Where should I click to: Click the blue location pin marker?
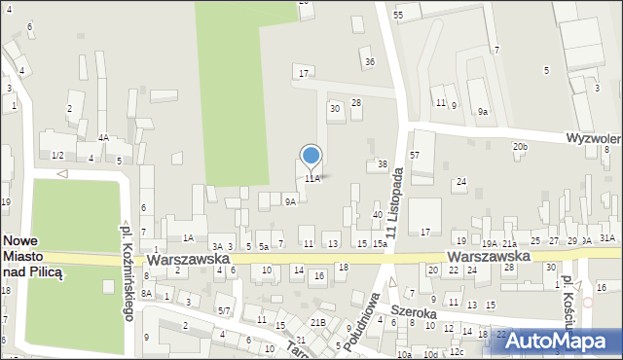click(311, 156)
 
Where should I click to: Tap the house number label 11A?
click(311, 178)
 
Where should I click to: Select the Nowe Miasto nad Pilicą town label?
click(32, 257)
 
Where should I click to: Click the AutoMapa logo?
click(562, 340)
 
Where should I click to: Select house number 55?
click(398, 16)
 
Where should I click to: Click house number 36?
click(369, 62)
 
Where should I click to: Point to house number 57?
click(415, 156)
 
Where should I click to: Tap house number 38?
click(383, 164)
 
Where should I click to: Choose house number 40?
click(377, 214)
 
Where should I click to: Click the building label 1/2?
click(57, 156)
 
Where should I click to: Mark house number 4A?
click(103, 138)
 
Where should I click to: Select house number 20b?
click(521, 146)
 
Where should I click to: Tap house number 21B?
click(317, 322)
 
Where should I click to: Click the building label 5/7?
click(224, 310)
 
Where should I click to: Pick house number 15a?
click(380, 243)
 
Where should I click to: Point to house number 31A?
click(606, 237)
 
